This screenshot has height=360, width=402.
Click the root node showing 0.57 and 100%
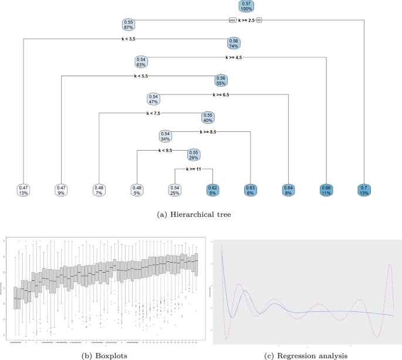[246, 6]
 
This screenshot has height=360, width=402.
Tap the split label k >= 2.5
[246, 21]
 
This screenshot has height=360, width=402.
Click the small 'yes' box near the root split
[232, 21]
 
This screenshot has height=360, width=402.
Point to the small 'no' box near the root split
[259, 21]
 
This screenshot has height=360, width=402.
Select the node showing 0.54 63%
[141, 62]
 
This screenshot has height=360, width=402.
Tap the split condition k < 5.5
[140, 76]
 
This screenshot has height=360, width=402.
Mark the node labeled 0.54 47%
[153, 99]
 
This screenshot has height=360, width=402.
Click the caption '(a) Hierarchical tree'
[200, 215]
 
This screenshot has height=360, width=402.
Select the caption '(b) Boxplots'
[104, 355]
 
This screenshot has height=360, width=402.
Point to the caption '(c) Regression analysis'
[306, 355]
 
